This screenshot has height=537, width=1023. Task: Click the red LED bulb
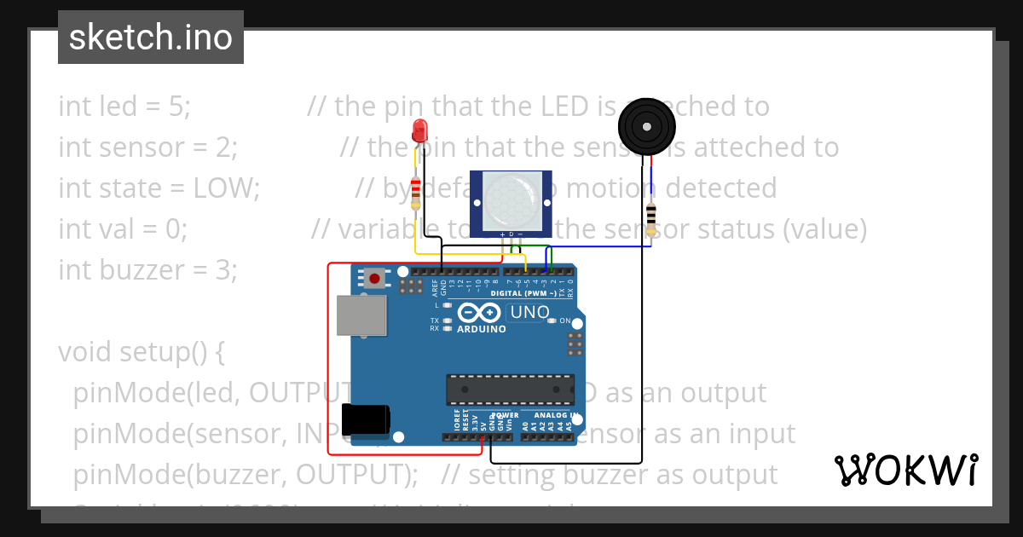[419, 130]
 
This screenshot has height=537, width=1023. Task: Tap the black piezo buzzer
[646, 126]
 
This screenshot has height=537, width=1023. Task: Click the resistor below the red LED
[415, 193]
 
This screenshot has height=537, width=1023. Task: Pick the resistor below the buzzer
[651, 217]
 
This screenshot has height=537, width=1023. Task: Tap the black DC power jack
[365, 421]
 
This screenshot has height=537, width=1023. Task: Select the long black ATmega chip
[510, 389]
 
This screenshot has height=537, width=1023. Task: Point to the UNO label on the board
[530, 313]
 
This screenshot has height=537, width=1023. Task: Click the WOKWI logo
[905, 470]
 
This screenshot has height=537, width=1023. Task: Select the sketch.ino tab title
[151, 38]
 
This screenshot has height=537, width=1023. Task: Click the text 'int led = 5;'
[124, 107]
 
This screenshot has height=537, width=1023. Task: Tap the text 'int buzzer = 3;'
[147, 270]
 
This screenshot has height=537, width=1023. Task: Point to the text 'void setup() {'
[141, 352]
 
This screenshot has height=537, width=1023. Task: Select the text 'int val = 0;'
[123, 229]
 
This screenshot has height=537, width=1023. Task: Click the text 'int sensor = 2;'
[147, 147]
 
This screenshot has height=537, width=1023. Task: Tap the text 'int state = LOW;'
[159, 188]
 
